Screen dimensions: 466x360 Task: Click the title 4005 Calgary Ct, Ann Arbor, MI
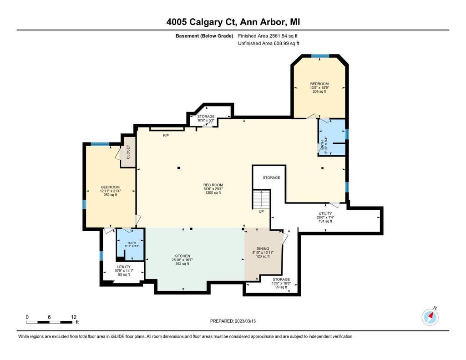pos(233,22)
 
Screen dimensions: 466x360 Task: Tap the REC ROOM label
pos(213,189)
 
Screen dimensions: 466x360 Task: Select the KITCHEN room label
pos(182,260)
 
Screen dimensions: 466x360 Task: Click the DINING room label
pos(263,252)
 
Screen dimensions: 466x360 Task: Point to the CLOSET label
pos(128,152)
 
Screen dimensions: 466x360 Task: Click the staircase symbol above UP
pos(261,199)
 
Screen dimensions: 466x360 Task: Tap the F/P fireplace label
pos(166,136)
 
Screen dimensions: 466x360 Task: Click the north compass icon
pos(430,317)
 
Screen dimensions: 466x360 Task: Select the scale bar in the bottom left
pos(52,319)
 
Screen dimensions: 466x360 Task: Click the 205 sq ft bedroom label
pos(319,88)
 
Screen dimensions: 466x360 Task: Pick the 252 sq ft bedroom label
pos(110,191)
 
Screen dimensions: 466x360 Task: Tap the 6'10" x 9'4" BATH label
pos(324,145)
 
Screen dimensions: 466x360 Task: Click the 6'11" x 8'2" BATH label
pos(132,244)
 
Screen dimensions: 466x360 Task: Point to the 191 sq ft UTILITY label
pos(325,217)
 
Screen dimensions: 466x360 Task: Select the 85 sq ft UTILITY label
pos(124,270)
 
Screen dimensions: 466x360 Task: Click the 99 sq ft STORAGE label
pos(281,283)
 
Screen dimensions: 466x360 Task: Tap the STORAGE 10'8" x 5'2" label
pos(206,118)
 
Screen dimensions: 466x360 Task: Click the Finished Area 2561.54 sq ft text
pos(268,36)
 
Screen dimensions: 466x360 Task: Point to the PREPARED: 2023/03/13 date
pos(233,321)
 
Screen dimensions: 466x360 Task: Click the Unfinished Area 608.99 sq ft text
pos(268,43)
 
